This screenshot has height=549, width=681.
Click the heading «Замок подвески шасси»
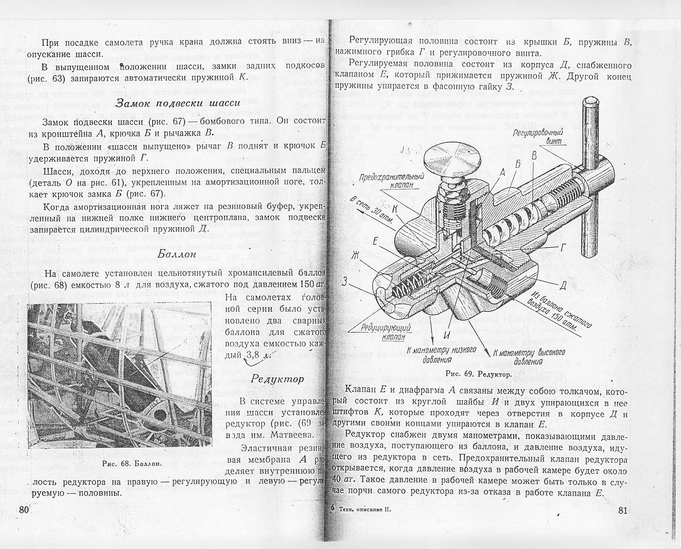[178, 103]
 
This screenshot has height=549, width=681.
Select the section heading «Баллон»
[177, 255]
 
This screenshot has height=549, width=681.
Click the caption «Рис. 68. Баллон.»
[132, 464]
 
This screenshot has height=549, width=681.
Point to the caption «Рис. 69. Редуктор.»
[479, 375]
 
